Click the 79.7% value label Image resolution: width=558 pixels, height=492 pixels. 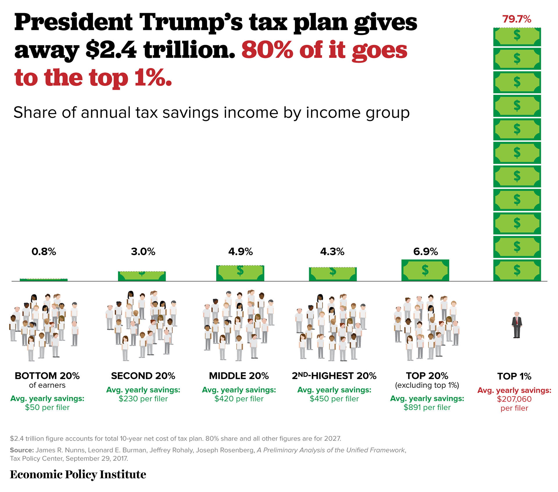[x=516, y=19]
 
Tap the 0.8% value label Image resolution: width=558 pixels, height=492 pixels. [x=44, y=252]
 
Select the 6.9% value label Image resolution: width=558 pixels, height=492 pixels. [x=425, y=252]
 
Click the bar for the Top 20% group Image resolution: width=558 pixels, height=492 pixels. [x=425, y=270]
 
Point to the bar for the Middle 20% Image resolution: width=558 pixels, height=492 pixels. [x=240, y=273]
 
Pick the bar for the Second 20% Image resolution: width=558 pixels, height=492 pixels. [x=142, y=276]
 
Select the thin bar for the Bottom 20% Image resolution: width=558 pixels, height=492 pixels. [x=44, y=280]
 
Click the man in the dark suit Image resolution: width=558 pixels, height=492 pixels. [x=516, y=325]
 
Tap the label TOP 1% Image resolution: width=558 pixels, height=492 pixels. [x=514, y=376]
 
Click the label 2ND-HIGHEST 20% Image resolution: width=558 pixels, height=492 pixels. [x=334, y=376]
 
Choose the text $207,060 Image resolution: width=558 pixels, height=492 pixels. [x=514, y=399]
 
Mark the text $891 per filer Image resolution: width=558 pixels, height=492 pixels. [x=427, y=407]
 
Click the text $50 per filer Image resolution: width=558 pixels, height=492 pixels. [x=47, y=407]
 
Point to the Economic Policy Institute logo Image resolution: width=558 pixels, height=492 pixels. [x=78, y=475]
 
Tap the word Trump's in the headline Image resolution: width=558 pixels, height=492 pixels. [x=191, y=23]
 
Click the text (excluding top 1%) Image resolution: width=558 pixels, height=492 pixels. [x=427, y=385]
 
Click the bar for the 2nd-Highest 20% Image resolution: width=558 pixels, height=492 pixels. [x=333, y=274]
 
